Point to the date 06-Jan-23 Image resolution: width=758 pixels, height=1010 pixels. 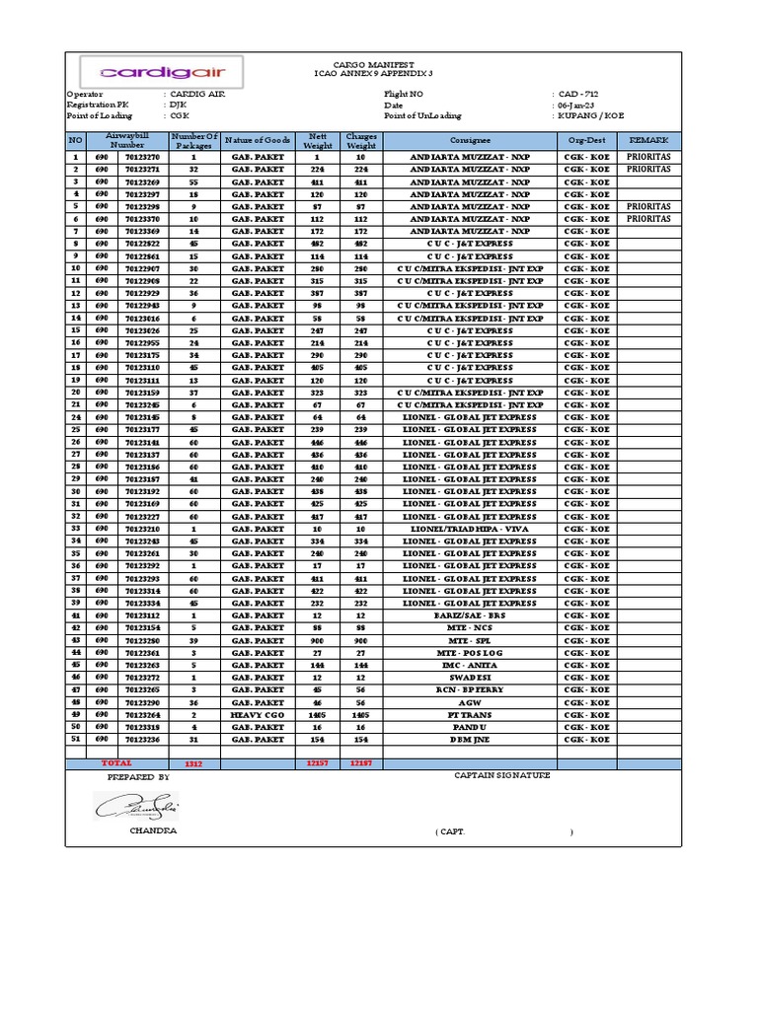(x=577, y=105)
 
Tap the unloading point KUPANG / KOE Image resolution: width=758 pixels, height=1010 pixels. (x=591, y=115)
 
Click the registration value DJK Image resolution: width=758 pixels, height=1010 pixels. (x=179, y=105)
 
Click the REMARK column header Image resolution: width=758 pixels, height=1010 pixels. (x=648, y=140)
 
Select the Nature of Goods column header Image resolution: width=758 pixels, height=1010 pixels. (x=257, y=140)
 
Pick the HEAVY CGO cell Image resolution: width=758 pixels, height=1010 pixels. (x=257, y=715)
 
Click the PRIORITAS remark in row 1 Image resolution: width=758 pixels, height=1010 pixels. (x=648, y=157)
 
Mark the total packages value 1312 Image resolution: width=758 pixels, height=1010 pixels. (x=193, y=763)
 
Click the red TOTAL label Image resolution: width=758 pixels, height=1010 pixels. (x=116, y=763)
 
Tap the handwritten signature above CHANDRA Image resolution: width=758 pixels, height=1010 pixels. (x=137, y=805)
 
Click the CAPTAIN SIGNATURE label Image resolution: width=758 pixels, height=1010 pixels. (x=501, y=776)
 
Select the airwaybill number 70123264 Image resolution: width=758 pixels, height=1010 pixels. (x=142, y=715)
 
